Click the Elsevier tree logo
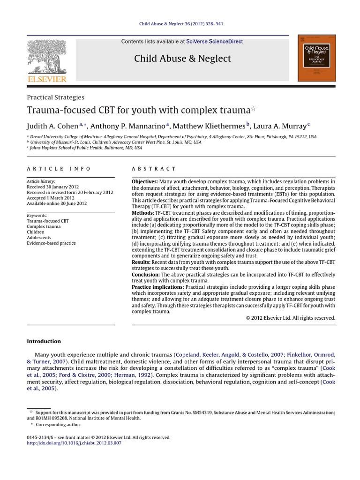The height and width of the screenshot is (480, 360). point(46,56)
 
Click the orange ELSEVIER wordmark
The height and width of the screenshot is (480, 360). point(46,79)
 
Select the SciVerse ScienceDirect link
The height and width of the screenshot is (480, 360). point(214,42)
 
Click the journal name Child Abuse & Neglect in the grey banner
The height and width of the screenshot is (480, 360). point(182,59)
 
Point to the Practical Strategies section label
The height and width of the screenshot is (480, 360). point(55,97)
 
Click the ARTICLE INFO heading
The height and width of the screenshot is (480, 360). point(59,169)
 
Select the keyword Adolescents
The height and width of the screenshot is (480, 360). point(39,238)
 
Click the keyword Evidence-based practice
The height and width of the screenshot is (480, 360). point(51,243)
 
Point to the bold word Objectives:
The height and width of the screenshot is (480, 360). point(144,181)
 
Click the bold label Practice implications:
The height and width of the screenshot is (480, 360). point(157,286)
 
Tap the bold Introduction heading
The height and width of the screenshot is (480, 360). point(44,341)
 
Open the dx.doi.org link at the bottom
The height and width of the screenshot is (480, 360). point(74,443)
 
